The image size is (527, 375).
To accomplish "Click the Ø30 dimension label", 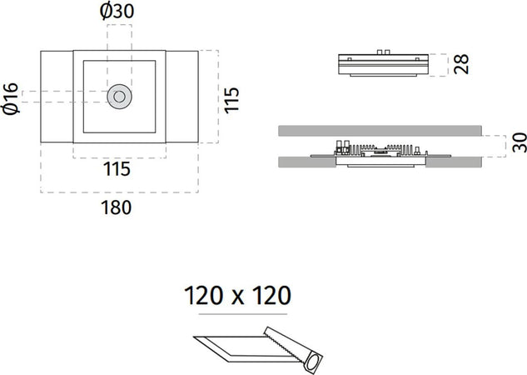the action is pos(117,11).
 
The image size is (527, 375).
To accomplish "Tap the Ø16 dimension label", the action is pos(10,98).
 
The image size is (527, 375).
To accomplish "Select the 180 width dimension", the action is pos(117,207).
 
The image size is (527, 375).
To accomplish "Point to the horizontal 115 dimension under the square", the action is pos(117,169).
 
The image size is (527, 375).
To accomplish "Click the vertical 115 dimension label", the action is pos(231,100).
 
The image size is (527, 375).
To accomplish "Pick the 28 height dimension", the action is pos(461,64).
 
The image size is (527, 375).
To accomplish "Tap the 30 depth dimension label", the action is pos(520,142).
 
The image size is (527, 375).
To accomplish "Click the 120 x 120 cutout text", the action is pos(237,296).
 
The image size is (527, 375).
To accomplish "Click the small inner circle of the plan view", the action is pos(119,97).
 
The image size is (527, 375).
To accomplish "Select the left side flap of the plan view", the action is pos(57,97).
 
